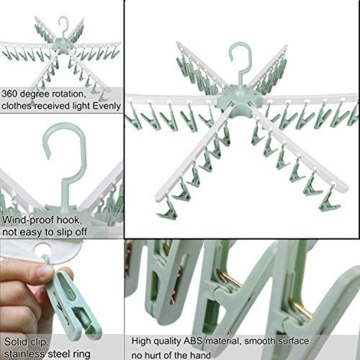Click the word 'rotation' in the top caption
69,94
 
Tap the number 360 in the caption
9,94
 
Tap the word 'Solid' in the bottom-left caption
14,342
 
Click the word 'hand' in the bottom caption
201,355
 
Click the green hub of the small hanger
62,46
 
